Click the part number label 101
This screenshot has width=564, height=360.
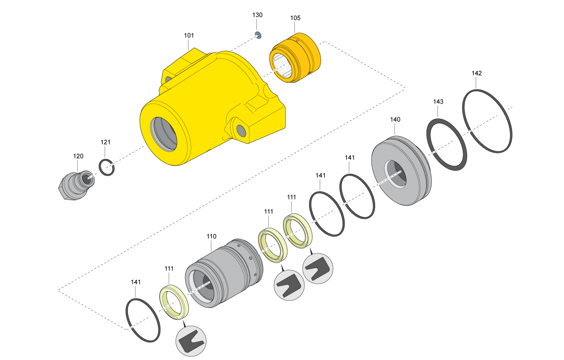click(x=189, y=35)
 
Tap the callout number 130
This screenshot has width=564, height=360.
click(x=257, y=15)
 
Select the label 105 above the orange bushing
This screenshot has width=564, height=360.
click(x=295, y=18)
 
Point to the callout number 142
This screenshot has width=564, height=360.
click(x=477, y=73)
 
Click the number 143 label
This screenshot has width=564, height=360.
click(x=439, y=102)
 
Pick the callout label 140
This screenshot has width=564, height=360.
click(x=395, y=119)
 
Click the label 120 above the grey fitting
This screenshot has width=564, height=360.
click(x=78, y=156)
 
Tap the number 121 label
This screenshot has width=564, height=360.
click(x=105, y=142)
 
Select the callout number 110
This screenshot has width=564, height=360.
click(x=211, y=236)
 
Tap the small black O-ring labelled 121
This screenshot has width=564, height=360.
click(x=107, y=168)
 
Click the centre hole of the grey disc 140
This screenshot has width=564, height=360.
click(x=395, y=173)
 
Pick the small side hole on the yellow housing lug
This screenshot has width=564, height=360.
click(x=240, y=129)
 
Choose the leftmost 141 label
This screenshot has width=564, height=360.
click(x=136, y=282)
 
